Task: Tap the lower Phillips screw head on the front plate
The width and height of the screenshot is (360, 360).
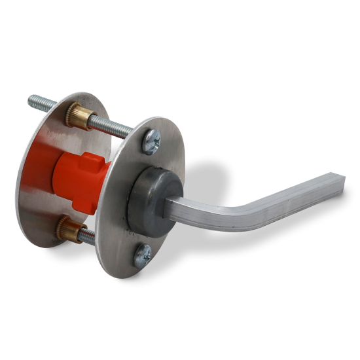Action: tap(143, 253)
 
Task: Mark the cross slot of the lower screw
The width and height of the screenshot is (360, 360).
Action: tap(143, 253)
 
